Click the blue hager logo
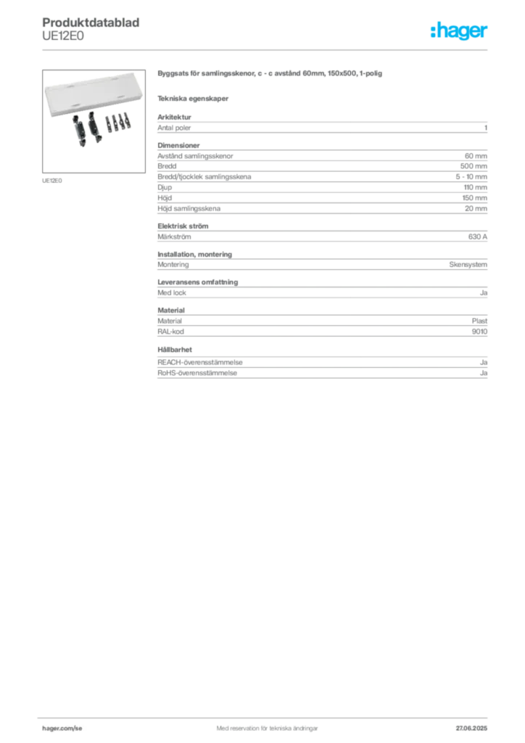point(459,32)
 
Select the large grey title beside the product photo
point(268,75)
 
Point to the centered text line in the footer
point(262,723)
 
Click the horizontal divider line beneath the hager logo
point(290,49)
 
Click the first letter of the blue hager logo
point(433,32)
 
